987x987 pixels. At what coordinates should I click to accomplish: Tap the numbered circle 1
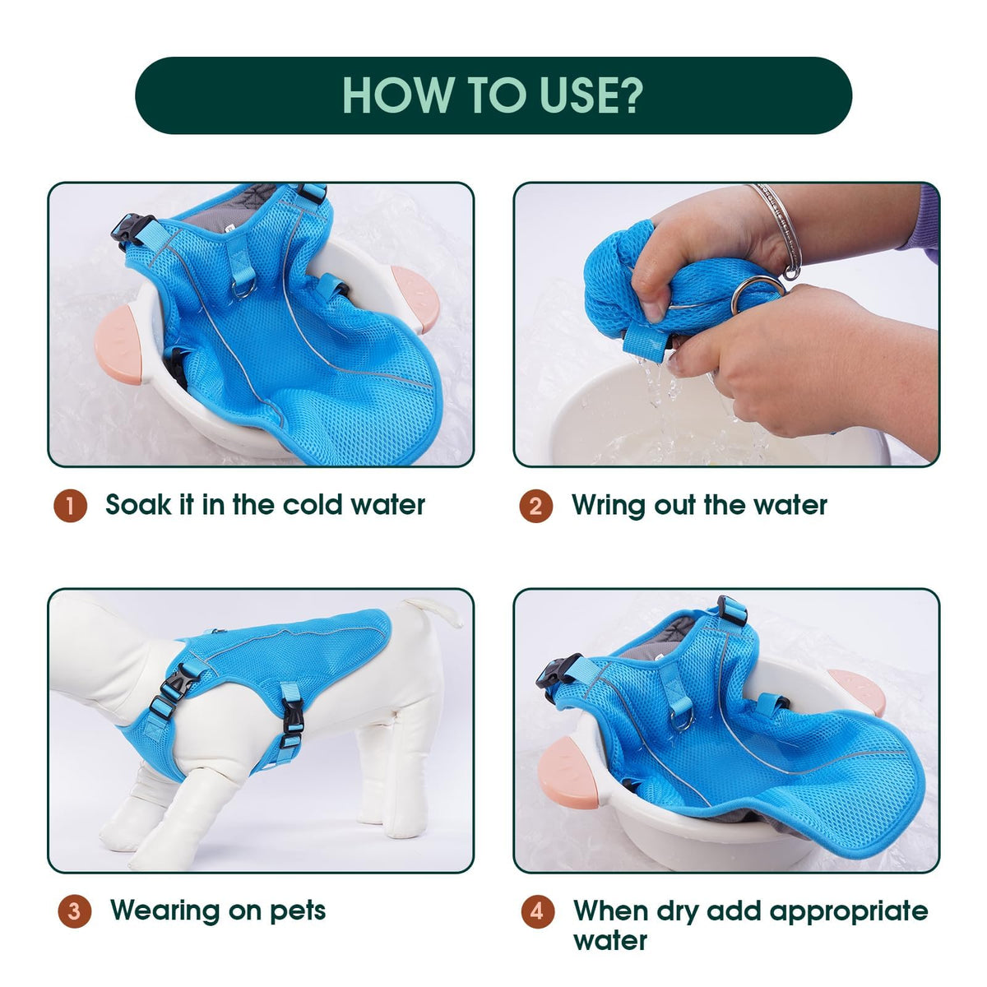point(70,506)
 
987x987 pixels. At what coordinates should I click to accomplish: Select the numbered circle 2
point(535,506)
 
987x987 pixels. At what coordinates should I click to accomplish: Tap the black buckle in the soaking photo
point(131,230)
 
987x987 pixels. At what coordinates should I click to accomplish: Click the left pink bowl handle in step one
point(118,349)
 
